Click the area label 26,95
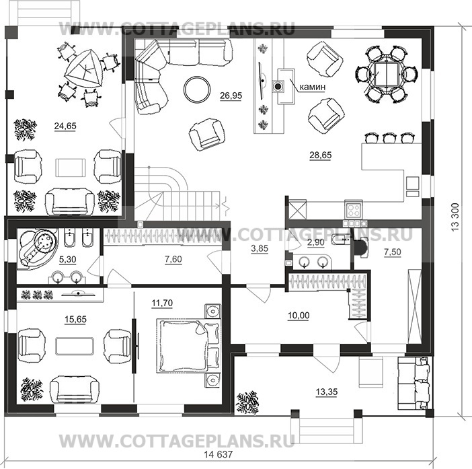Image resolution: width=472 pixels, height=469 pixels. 231,96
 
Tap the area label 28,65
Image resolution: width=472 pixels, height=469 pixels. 321,155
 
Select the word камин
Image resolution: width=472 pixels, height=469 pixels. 313,87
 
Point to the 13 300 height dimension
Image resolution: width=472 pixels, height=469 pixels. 455,217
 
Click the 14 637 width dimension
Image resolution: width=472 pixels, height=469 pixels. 219,454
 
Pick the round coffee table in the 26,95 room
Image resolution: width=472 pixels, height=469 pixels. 197,89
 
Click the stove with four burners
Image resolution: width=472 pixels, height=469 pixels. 354,209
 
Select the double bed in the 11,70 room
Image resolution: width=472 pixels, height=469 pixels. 189,346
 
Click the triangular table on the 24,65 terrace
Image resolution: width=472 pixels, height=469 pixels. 83,69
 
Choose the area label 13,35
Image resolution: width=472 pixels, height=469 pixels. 327,392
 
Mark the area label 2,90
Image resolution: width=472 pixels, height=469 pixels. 316,242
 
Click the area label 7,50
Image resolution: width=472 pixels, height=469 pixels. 393,252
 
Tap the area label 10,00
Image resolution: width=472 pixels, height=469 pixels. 299,316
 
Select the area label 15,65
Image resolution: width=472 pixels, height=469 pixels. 75,320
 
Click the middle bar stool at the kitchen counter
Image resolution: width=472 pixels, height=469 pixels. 389,138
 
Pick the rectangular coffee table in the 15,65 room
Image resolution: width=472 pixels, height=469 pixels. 75,346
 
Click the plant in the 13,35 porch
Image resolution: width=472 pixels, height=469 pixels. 247,403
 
